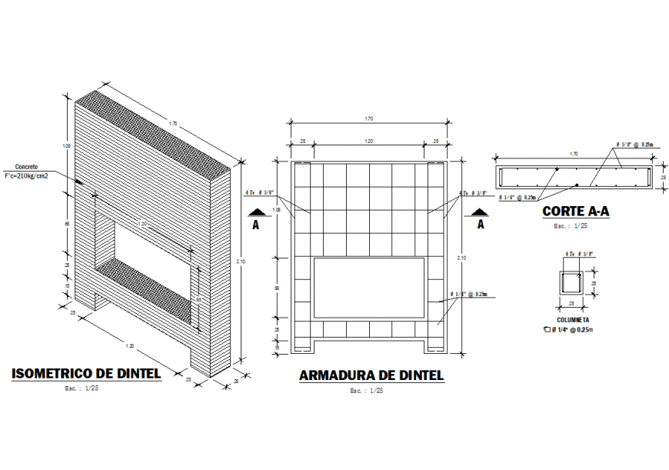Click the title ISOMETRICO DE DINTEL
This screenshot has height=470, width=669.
click(x=86, y=374)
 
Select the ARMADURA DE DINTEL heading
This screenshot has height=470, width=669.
click(x=371, y=375)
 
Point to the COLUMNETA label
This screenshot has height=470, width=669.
click(x=573, y=319)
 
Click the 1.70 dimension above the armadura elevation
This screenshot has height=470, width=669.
click(x=368, y=119)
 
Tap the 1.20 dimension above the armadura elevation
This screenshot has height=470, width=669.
click(x=368, y=142)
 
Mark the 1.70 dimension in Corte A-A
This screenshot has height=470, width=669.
click(x=572, y=155)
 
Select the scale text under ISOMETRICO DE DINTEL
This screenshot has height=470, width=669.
click(x=82, y=388)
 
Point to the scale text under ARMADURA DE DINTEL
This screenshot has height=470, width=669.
click(x=366, y=391)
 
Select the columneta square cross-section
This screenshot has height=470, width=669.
click(x=573, y=282)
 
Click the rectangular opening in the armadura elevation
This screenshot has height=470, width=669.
click(x=369, y=288)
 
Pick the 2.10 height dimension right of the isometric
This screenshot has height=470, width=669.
click(x=241, y=262)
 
